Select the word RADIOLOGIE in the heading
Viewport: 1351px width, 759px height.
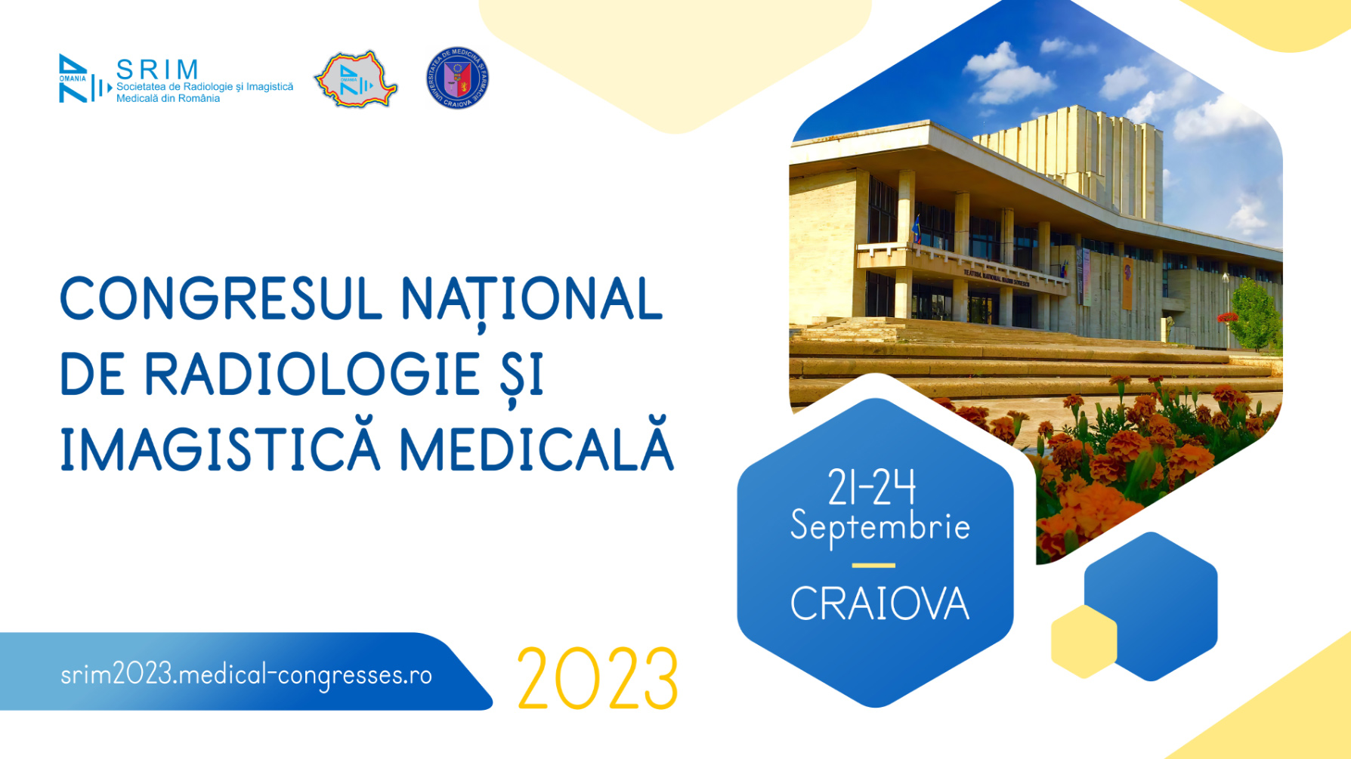coord(311,374)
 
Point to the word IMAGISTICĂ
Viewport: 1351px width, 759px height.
coord(220,449)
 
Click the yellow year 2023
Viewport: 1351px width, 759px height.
coord(597,679)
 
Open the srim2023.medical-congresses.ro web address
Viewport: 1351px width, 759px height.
coord(246,674)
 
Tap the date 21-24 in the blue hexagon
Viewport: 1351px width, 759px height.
coord(872,488)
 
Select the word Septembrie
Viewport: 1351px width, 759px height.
coord(880,526)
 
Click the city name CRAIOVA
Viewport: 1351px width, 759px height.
coord(880,603)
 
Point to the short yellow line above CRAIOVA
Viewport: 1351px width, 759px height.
coord(873,565)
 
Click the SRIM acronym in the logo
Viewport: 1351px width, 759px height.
coord(157,69)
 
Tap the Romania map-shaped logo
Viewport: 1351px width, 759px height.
coord(356,79)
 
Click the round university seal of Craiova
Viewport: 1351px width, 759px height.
coord(457,79)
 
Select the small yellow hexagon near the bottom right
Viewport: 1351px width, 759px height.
coord(1084,641)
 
